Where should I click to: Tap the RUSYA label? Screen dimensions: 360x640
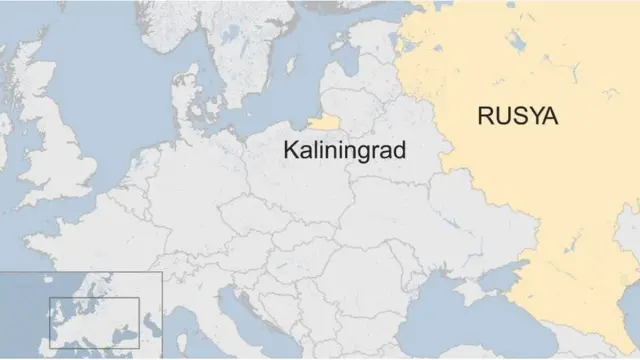(518, 117)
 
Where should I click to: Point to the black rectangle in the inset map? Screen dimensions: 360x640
(94, 321)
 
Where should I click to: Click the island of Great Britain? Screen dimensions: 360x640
(55, 150)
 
